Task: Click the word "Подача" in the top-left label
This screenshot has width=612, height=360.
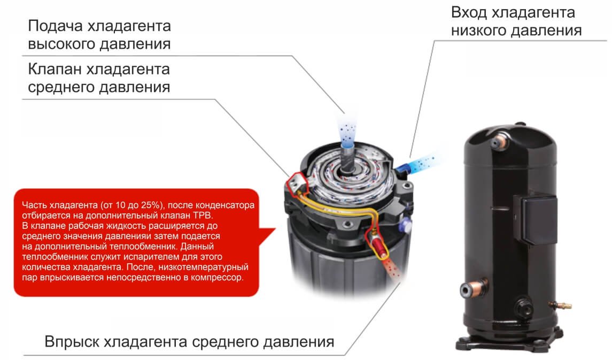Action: (x=56, y=26)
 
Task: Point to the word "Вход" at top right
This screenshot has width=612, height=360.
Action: (x=469, y=12)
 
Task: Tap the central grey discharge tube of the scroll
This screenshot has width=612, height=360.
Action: (x=346, y=156)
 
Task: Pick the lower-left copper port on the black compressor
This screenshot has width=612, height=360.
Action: (x=472, y=288)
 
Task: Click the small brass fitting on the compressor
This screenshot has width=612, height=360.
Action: (x=560, y=304)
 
